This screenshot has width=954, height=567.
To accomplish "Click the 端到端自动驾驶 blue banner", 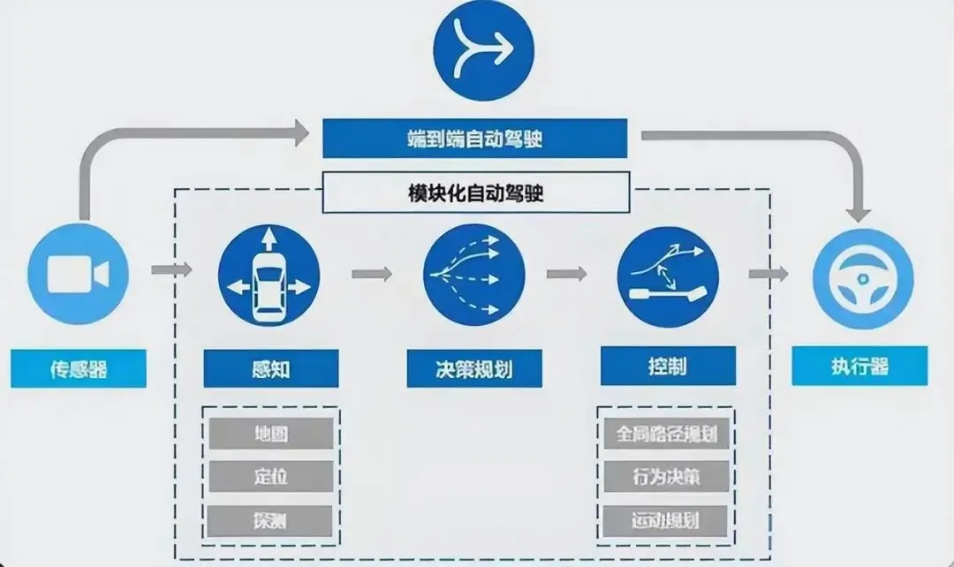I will pos(474,138).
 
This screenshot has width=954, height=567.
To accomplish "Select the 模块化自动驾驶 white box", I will pos(476,193).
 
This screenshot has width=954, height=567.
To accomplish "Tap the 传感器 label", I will pos(78,367).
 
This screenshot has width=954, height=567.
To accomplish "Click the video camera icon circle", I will pos(78,275).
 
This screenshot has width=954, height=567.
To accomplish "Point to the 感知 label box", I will pos(270,368).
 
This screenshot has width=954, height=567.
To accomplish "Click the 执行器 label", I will pos(859,366).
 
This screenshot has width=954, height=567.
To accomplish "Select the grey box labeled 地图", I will pos(270,434).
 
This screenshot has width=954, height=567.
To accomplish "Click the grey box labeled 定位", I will pos(270,476).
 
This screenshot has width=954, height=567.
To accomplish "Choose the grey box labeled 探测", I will pos(270,518).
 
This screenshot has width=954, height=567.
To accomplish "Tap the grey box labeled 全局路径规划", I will pos(667,434).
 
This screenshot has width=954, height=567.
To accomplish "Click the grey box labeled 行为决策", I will pos(667,476).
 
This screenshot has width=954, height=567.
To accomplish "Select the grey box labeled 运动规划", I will pos(667,518).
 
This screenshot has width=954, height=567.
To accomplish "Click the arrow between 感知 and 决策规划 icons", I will pos(372,274).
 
